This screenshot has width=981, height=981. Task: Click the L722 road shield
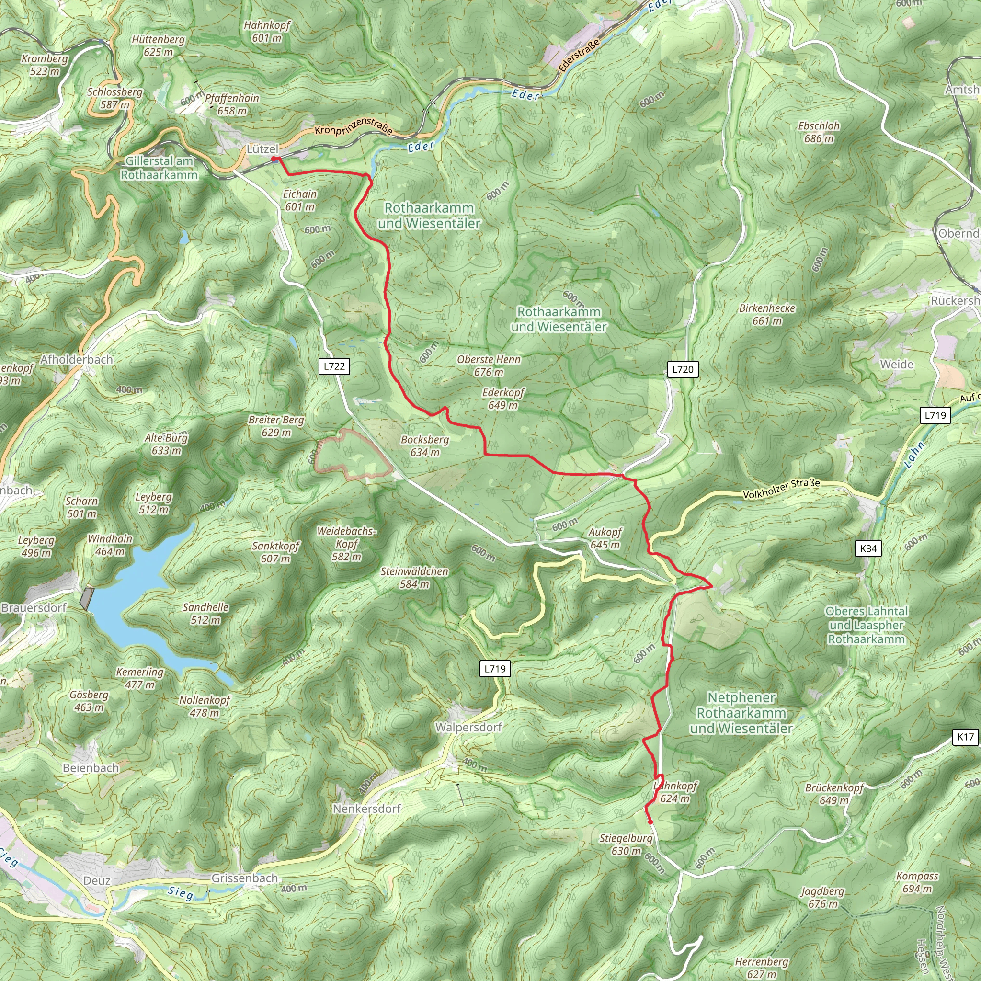coord(334,366)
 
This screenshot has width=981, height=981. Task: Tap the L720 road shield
coord(683,369)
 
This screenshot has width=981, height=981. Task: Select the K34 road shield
coord(868,548)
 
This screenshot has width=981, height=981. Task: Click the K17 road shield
coord(965,737)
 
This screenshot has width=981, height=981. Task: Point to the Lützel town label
coord(262,149)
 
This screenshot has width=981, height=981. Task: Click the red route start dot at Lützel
coord(274,159)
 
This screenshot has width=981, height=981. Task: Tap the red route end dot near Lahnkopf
coord(650,822)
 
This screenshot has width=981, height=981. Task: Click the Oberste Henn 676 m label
coord(489,365)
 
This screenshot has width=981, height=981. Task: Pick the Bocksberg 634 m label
coord(425,446)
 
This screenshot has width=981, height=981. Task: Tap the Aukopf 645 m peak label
coord(605,538)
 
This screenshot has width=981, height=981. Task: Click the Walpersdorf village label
coord(468,727)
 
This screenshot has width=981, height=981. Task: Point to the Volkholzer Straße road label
coord(781,489)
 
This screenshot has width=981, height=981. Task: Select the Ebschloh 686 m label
coord(819,132)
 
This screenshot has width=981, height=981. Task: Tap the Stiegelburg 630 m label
coord(626,844)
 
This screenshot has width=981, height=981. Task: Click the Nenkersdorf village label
coord(366,809)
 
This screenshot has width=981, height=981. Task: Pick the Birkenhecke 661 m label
coord(767,314)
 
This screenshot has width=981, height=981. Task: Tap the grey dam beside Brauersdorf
coord(87,599)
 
